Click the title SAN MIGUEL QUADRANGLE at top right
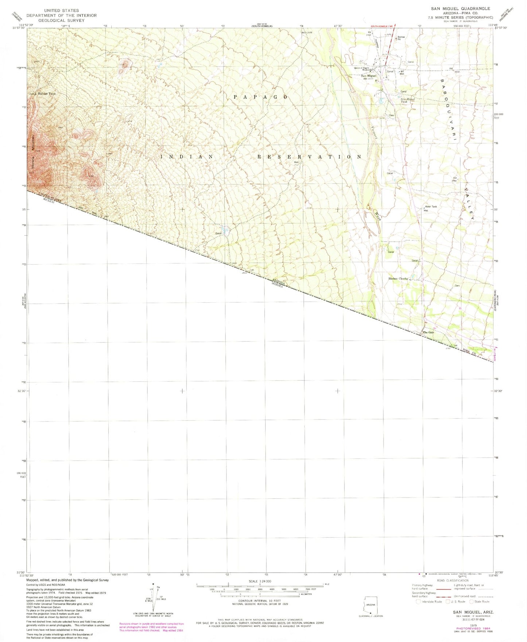pos(461,8)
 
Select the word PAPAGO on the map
pos(261,97)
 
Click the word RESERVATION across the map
pos(309,156)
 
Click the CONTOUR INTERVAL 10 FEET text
pos(260,600)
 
